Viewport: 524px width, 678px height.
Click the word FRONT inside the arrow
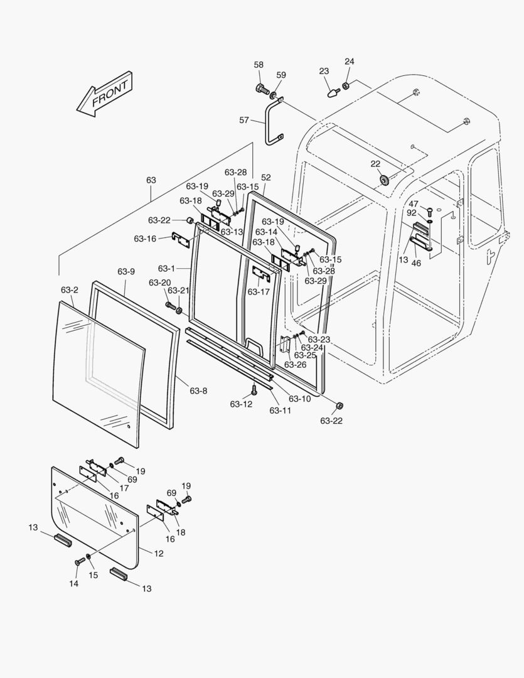click(x=109, y=94)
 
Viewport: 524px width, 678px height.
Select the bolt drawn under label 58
click(x=260, y=89)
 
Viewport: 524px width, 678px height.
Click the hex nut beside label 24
click(x=346, y=86)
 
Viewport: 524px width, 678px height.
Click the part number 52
click(x=265, y=178)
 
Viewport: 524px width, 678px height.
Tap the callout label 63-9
click(x=126, y=271)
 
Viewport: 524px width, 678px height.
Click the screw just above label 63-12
click(x=254, y=389)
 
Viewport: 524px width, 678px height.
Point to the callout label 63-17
click(x=258, y=292)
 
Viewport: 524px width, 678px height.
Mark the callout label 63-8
click(x=198, y=390)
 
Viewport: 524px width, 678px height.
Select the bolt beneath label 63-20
click(x=169, y=306)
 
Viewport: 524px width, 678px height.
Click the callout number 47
click(x=413, y=204)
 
